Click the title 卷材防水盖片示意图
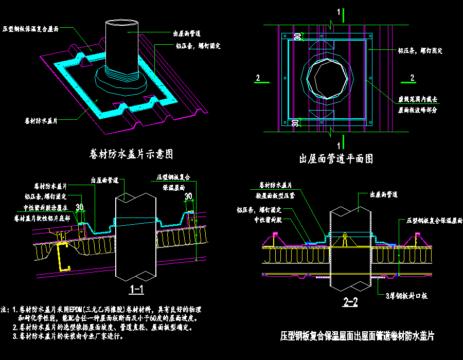[x=130, y=154]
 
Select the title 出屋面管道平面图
[x=336, y=159]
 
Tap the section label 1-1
[x=136, y=290]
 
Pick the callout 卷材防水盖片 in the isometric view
[x=41, y=121]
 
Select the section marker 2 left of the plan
[x=257, y=78]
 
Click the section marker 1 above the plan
[x=338, y=12]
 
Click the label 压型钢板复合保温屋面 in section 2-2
[x=434, y=220]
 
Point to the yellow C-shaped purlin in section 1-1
[x=63, y=256]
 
